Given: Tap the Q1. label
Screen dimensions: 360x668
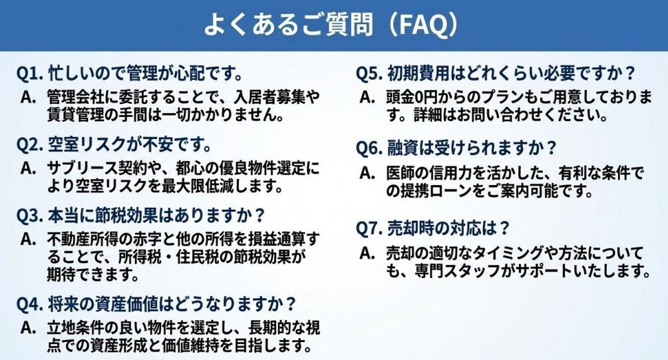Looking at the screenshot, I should tap(30, 73).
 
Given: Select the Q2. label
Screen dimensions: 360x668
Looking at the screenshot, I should tap(30, 144).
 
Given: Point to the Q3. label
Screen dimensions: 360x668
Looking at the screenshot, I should tap(30, 216).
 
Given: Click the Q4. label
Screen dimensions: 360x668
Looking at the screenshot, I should tap(30, 304).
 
